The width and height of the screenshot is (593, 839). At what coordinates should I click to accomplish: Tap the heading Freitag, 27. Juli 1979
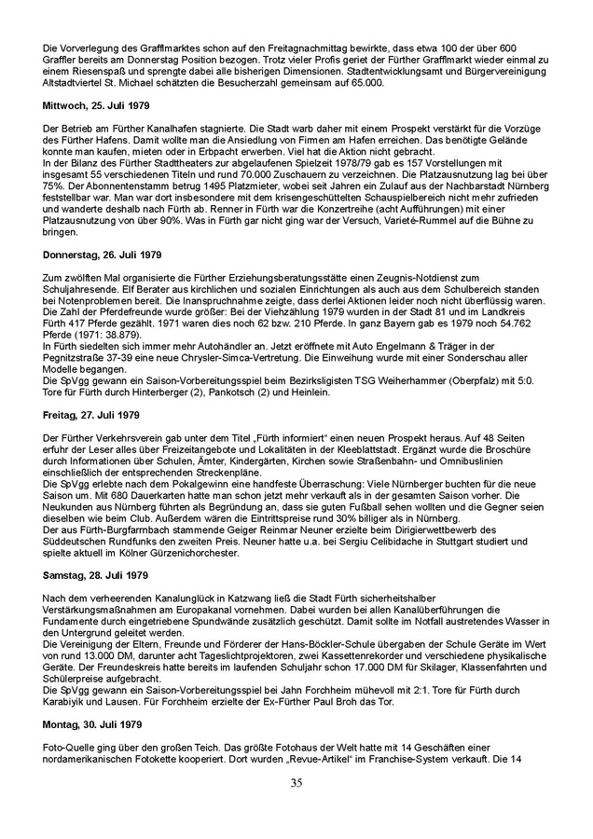point(91,414)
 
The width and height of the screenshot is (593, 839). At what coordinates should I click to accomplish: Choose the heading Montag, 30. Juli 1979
point(92,724)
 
